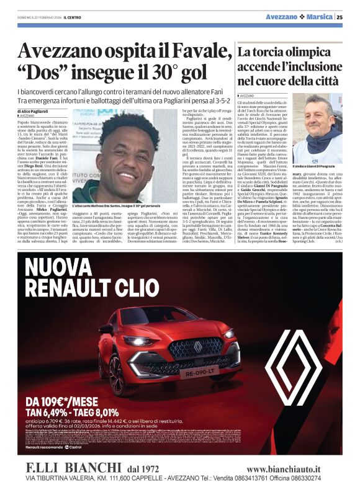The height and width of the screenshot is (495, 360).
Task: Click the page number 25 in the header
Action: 340,17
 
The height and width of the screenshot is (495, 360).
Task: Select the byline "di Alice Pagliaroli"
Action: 41,110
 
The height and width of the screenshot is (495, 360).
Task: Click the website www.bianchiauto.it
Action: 283,470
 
